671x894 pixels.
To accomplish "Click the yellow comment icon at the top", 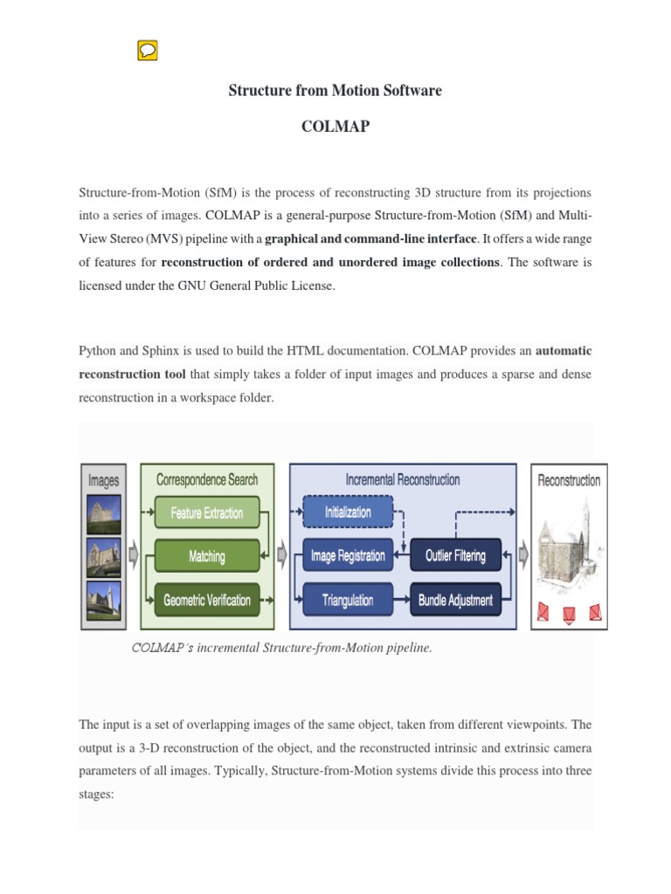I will coord(147,52).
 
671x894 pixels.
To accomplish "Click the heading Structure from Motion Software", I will coord(335,91).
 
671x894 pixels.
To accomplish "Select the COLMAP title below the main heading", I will coord(335,127).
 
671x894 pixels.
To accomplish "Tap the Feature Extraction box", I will coord(207,513).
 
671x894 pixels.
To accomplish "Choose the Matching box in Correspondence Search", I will coord(207,556).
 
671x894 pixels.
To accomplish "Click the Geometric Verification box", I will coord(207,600).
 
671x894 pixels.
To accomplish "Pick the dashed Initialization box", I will coord(348,512).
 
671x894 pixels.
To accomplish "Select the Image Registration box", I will coord(348,556).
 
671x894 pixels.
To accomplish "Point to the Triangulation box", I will coord(348,600).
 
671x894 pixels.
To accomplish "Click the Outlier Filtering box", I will coord(455,556).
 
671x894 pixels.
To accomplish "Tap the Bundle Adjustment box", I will coord(455,600).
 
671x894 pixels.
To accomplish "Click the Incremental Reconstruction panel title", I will coord(402,479).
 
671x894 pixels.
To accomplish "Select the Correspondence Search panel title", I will coord(207,479).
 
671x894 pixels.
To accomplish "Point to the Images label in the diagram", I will coord(104,480).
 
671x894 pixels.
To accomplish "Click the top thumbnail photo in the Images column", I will coord(104,513).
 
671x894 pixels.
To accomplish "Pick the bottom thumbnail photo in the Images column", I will coord(104,601).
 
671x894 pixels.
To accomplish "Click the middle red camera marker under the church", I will coord(570,614).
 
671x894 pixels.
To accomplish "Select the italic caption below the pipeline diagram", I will coord(281,648).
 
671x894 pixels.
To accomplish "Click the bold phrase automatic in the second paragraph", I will coord(563,350).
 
